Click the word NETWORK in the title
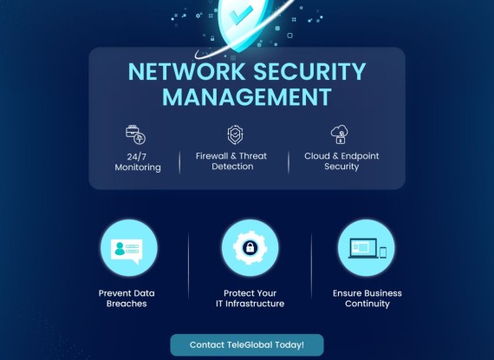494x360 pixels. click(x=186, y=72)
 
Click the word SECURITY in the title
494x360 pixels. click(x=309, y=72)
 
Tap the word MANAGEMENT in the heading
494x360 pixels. click(x=247, y=97)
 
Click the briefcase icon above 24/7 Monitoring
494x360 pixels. click(x=135, y=134)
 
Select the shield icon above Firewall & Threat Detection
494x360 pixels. click(x=235, y=134)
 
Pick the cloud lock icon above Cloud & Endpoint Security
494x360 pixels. click(x=340, y=134)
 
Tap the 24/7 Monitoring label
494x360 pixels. click(x=138, y=161)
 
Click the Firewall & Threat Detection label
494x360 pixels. click(x=231, y=161)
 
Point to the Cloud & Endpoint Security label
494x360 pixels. click(x=341, y=161)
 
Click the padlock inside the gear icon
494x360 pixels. click(x=250, y=248)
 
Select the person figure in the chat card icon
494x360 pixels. click(x=119, y=248)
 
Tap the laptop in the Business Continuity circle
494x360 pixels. click(x=363, y=248)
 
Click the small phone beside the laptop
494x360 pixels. click(x=383, y=252)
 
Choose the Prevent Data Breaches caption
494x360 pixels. click(x=127, y=298)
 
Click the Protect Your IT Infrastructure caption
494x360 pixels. click(x=250, y=298)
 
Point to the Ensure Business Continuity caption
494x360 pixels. click(x=367, y=298)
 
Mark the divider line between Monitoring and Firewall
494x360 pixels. click(x=179, y=162)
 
